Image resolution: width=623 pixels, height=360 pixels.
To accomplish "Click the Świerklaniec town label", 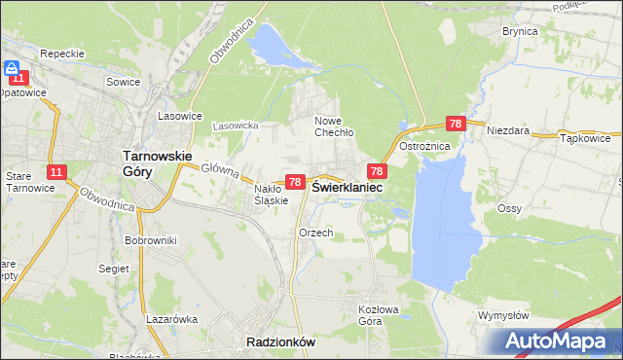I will click(347, 187).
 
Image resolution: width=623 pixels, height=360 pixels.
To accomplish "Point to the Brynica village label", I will click(520, 31).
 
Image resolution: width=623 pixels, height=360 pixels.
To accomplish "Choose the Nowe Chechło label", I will click(333, 126).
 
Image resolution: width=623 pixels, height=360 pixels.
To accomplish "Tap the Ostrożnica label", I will click(425, 146).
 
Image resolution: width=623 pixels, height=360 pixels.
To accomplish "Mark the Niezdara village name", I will click(507, 129).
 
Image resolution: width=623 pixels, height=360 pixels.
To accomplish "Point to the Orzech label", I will click(316, 233).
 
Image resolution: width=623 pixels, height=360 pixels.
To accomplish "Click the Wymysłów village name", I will click(503, 315).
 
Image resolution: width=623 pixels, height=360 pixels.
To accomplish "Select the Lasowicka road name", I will click(236, 126).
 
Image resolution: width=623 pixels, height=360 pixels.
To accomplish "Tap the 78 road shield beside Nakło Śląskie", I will click(294, 182).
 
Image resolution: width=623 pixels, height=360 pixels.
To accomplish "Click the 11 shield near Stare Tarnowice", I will click(56, 172).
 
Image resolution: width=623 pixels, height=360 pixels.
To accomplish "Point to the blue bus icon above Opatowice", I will click(14, 69).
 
